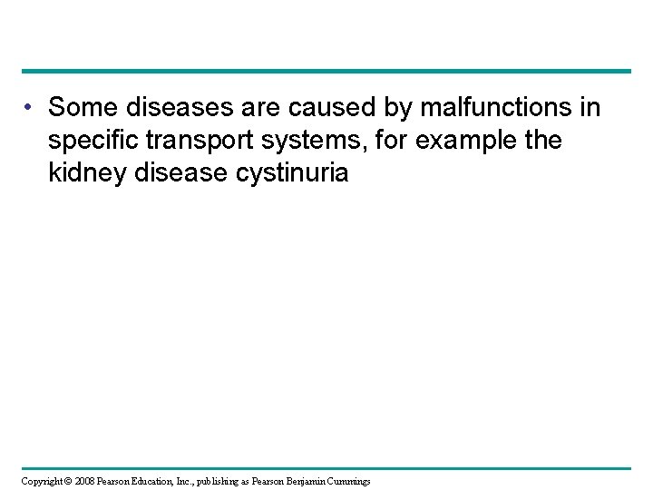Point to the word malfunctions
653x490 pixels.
[x=480, y=109]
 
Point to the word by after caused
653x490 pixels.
[x=372, y=109]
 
